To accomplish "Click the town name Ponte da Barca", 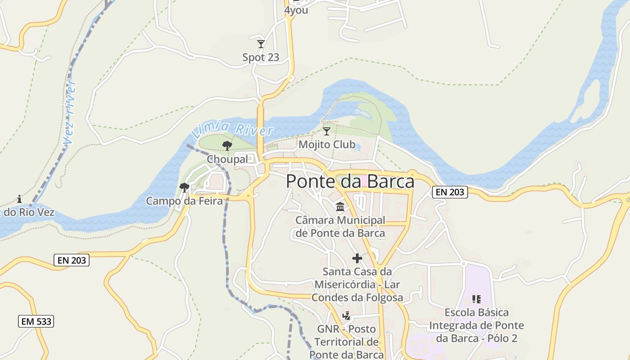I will [x=350, y=181].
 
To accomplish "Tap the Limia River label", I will [x=232, y=130].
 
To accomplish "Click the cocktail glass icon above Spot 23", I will [x=261, y=44].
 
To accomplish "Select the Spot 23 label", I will [x=261, y=58].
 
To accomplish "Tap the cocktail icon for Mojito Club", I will [x=327, y=131].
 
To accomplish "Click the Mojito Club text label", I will [x=327, y=144].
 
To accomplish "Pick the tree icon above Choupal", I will [x=227, y=145].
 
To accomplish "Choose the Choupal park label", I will [x=227, y=159].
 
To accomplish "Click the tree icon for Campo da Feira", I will [x=184, y=187].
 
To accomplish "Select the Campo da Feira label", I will [x=184, y=201].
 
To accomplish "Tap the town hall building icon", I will [x=340, y=207].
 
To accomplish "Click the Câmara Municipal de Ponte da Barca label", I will [x=340, y=227].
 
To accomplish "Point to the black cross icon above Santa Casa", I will [x=357, y=258].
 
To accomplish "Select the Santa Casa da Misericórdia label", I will [x=357, y=284].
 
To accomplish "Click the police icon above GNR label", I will [x=346, y=315].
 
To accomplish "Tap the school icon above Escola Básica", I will [x=477, y=299].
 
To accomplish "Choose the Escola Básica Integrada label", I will [x=477, y=325].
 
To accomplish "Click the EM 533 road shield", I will [x=36, y=321].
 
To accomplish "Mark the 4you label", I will [x=296, y=10].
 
